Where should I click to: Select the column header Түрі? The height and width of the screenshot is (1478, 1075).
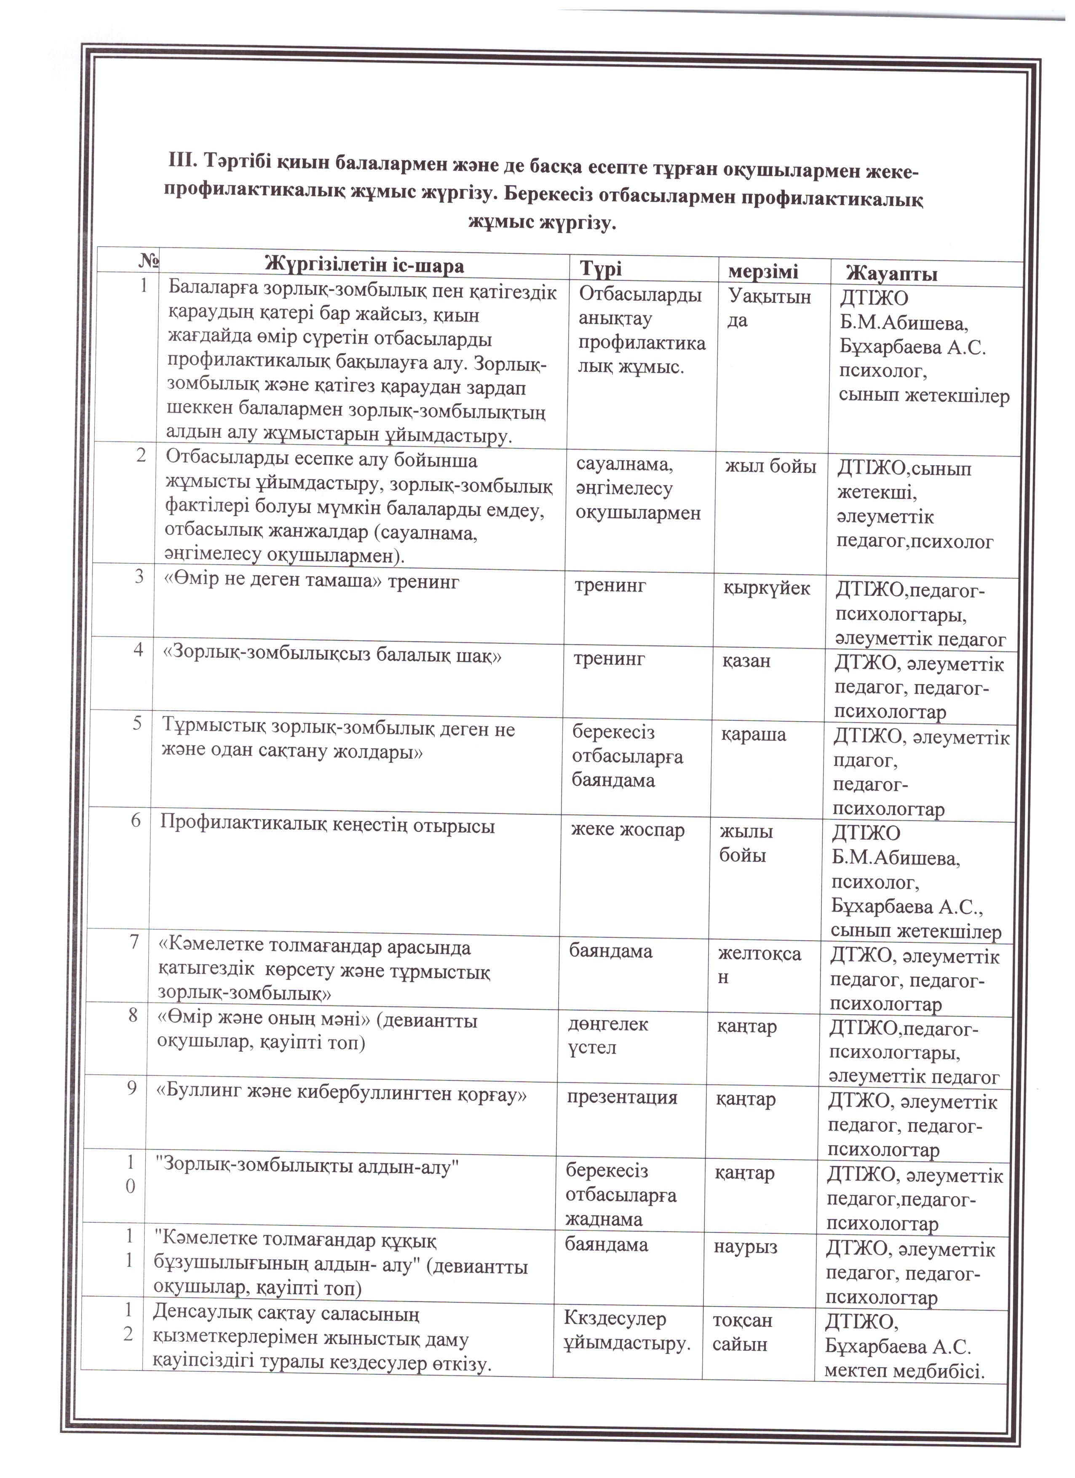pyautogui.click(x=601, y=269)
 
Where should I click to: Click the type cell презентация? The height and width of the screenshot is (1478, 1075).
pyautogui.click(x=622, y=1098)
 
